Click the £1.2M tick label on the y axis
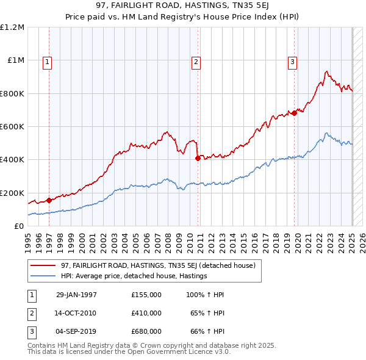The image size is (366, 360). pyautogui.click(x=12, y=27)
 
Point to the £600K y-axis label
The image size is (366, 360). pyautogui.click(x=12, y=127)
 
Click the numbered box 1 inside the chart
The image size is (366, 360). pyautogui.click(x=47, y=61)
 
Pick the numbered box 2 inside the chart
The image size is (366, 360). pyautogui.click(x=196, y=61)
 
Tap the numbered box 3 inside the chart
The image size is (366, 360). pyautogui.click(x=292, y=61)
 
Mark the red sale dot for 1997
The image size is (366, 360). pyautogui.click(x=49, y=200)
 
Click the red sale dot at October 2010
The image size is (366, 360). pyautogui.click(x=198, y=158)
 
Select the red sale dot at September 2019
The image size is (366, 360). pyautogui.click(x=294, y=113)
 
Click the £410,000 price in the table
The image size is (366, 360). pyautogui.click(x=146, y=313)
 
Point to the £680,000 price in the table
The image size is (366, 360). pyautogui.click(x=146, y=331)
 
